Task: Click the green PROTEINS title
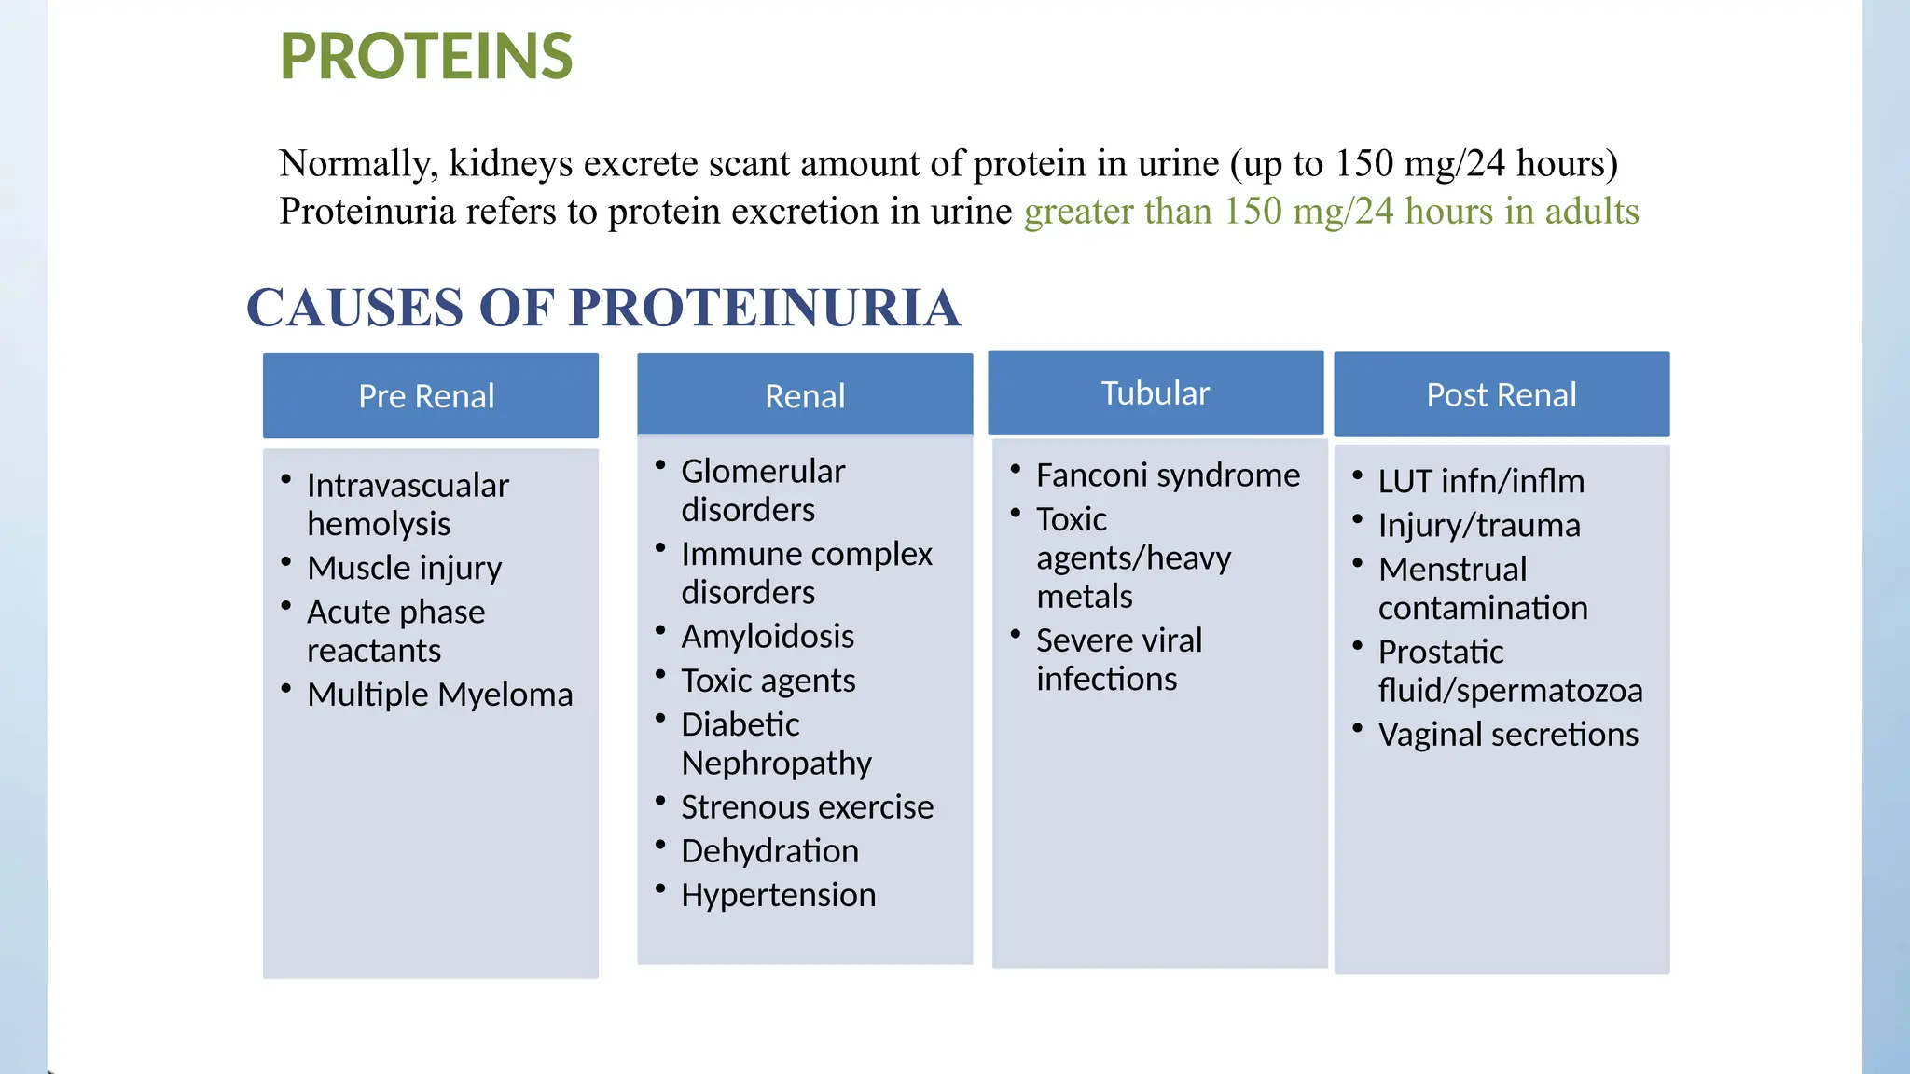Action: pos(426,57)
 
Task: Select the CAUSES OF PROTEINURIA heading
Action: pos(603,308)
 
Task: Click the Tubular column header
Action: pos(1155,393)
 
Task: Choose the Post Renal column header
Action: pos(1502,395)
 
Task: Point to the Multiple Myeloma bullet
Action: pos(439,695)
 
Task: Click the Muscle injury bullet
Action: pos(404,568)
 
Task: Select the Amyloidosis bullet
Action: pos(768,637)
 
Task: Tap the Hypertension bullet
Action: pos(779,895)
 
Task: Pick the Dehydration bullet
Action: pos(769,851)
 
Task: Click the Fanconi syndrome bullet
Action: pos(1168,475)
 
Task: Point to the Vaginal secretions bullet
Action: pos(1508,735)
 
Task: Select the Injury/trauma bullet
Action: pos(1479,526)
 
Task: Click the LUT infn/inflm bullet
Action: pos(1481,481)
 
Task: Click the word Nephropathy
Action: pos(776,764)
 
